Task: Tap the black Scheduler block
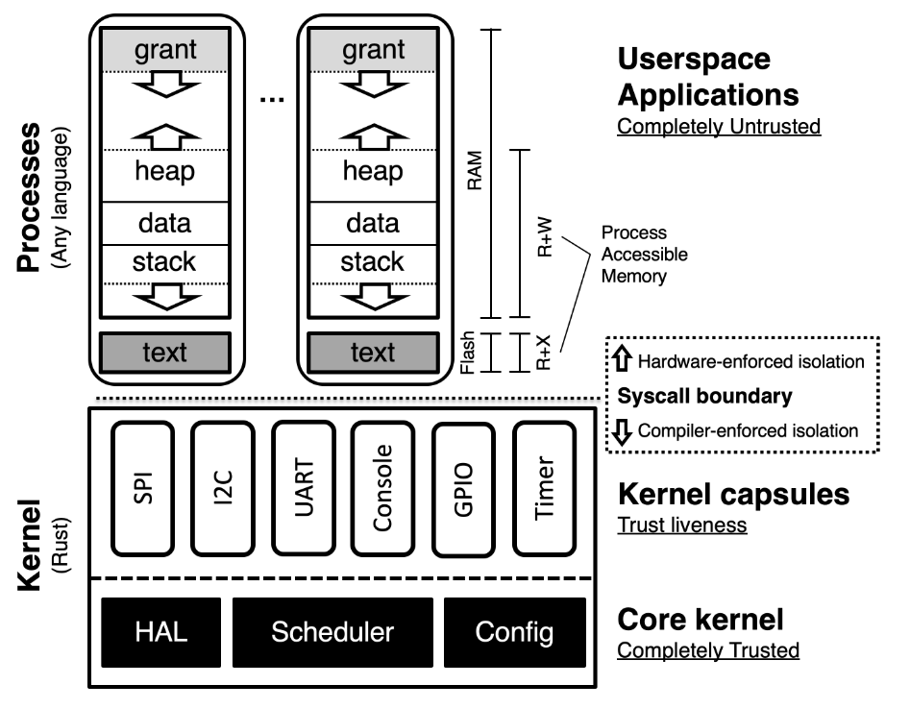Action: coord(332,632)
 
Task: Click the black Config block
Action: coord(514,632)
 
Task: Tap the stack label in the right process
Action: coord(372,261)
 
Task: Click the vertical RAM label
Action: coord(473,173)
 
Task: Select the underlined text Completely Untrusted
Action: coord(719,126)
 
